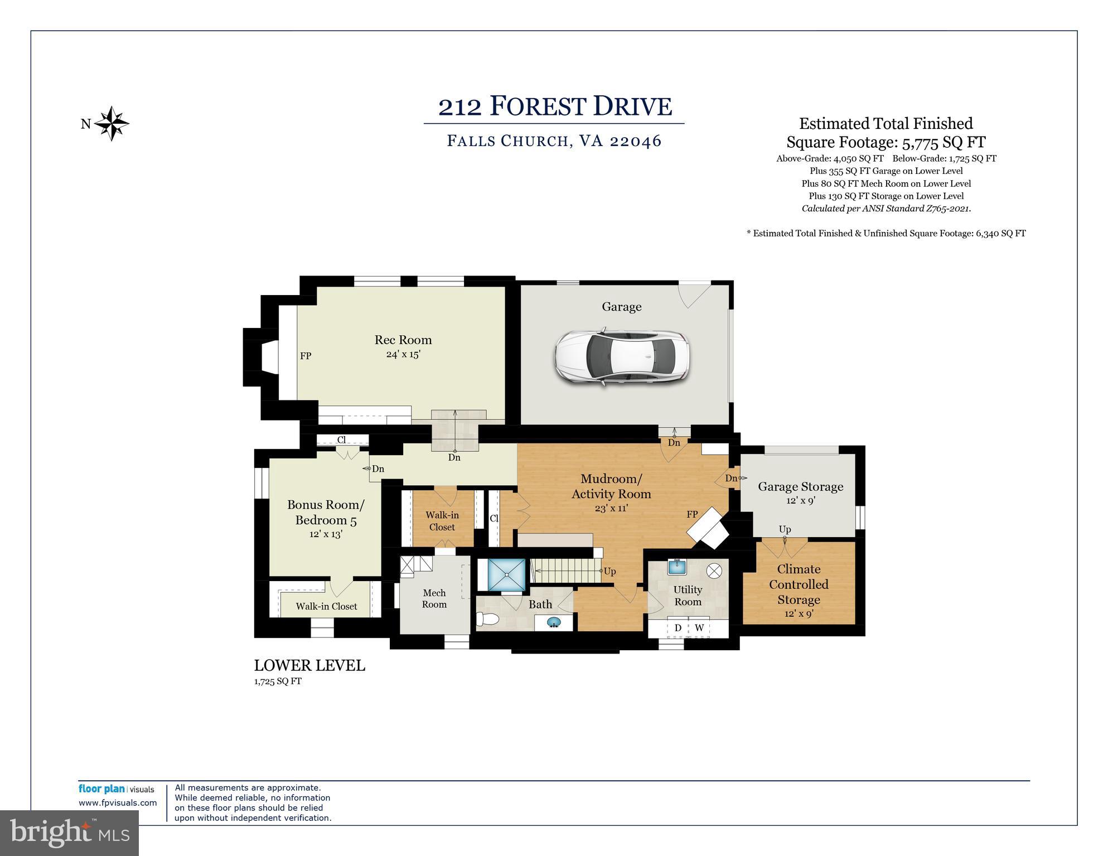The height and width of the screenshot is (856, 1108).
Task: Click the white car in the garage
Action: point(622,356)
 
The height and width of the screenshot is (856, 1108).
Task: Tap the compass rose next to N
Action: point(112,123)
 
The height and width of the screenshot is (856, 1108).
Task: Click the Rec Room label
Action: point(403,340)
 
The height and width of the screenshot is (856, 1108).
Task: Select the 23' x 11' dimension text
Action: point(611,508)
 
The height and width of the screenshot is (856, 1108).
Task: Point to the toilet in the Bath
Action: point(488,619)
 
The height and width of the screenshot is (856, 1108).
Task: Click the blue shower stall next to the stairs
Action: point(506,574)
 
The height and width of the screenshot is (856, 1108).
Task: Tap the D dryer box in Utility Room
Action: point(678,628)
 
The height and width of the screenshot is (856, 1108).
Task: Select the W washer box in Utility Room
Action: point(699,628)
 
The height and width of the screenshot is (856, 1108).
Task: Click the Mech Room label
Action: point(434,598)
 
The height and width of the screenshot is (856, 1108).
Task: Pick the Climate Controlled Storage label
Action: point(799,584)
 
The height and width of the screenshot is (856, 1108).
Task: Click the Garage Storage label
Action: point(800,486)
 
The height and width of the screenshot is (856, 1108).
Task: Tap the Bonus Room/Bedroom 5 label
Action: point(326,512)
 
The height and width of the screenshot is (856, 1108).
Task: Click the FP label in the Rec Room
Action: point(306,356)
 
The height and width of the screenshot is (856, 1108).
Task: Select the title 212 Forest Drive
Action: point(554,106)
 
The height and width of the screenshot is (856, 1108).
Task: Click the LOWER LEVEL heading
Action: point(309,665)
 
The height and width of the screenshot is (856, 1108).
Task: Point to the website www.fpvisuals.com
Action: point(118,803)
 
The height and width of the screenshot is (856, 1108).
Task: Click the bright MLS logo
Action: point(69,833)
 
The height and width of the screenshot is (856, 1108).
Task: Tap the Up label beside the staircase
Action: point(609,572)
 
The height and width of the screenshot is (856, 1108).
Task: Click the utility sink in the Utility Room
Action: point(678,567)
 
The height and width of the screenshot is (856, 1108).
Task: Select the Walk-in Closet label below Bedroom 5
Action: point(326,606)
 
